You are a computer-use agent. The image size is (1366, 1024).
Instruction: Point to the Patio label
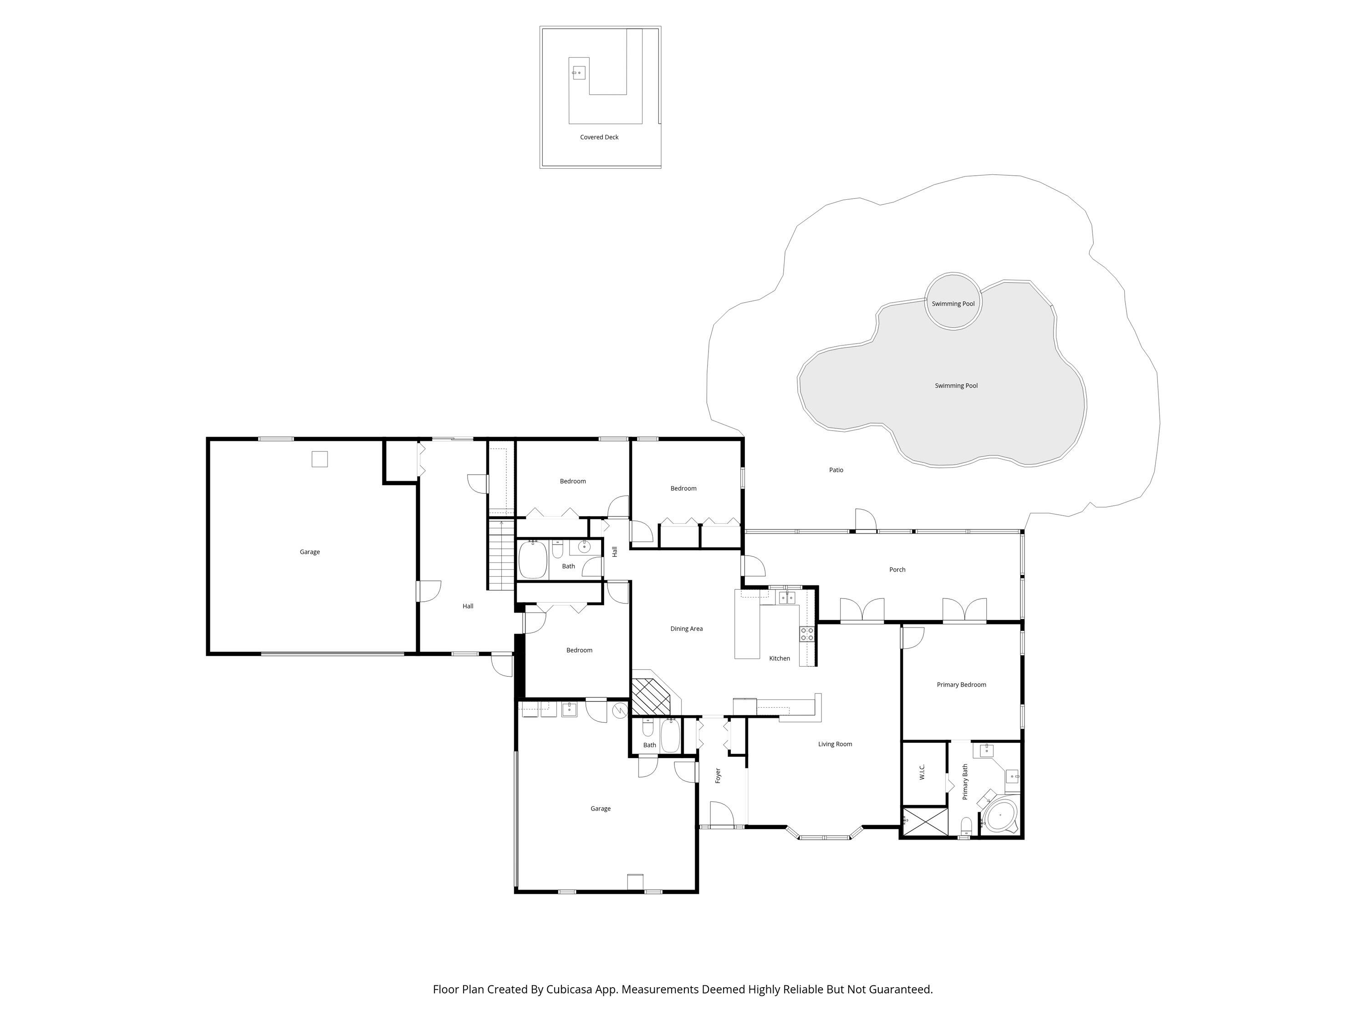click(836, 470)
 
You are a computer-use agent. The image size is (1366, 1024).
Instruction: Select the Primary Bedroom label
click(961, 684)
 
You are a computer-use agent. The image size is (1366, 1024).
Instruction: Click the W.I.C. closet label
click(922, 771)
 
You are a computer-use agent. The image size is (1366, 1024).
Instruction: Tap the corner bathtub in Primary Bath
click(1000, 816)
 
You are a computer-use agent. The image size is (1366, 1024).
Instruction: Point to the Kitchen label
click(780, 659)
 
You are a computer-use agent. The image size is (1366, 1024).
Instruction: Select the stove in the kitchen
click(806, 634)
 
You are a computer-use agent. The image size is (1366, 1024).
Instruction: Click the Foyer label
click(718, 775)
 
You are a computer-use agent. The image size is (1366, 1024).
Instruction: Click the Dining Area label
click(686, 629)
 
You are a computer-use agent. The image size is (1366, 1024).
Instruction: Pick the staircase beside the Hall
click(501, 555)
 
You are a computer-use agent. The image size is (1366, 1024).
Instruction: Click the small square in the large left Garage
click(319, 459)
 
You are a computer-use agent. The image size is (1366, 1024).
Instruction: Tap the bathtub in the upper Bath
click(532, 560)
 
